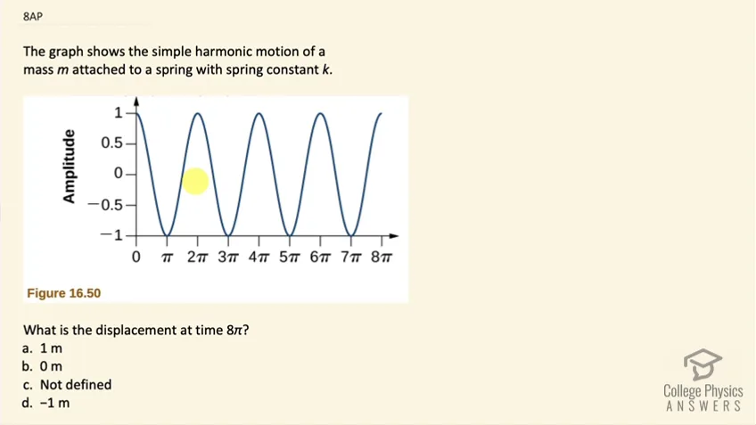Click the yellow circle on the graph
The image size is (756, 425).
click(195, 181)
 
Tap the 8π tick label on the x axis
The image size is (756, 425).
click(382, 257)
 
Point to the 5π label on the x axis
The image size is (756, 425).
click(289, 257)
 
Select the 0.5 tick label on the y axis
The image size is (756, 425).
click(111, 143)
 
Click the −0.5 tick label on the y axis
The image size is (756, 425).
click(105, 205)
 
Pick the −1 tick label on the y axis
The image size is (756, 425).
click(111, 235)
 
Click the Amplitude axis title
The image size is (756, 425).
click(70, 167)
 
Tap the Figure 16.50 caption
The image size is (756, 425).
click(63, 293)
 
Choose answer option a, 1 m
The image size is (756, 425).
click(43, 348)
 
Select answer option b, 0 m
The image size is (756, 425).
click(43, 367)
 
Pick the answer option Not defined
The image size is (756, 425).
click(67, 385)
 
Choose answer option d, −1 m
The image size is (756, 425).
click(46, 403)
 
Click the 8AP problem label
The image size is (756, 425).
click(33, 16)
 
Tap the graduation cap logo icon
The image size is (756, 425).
click(703, 364)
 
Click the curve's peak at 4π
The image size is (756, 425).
click(259, 114)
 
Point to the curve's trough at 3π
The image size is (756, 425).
click(228, 234)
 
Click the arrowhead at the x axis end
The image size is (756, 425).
click(394, 236)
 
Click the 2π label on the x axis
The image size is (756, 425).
click(197, 257)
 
